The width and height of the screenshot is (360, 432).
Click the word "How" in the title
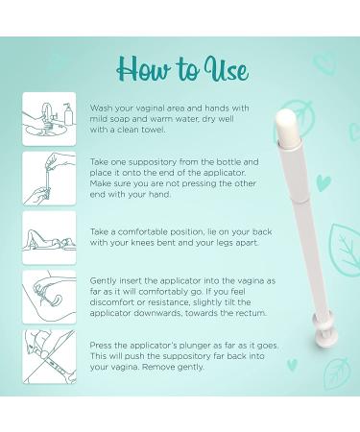(144, 69)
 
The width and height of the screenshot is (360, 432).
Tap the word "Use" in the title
(227, 69)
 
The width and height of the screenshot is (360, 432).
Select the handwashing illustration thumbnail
(49, 119)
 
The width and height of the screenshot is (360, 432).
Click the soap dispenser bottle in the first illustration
(68, 114)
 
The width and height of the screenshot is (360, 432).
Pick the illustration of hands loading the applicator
(49, 179)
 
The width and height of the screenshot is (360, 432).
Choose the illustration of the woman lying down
(49, 238)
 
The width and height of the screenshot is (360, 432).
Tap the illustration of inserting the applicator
(49, 297)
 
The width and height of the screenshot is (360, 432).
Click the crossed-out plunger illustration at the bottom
(49, 356)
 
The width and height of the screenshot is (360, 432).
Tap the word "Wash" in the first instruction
(101, 108)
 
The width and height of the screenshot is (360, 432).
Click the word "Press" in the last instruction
(101, 346)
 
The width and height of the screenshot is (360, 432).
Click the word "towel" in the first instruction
(155, 130)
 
